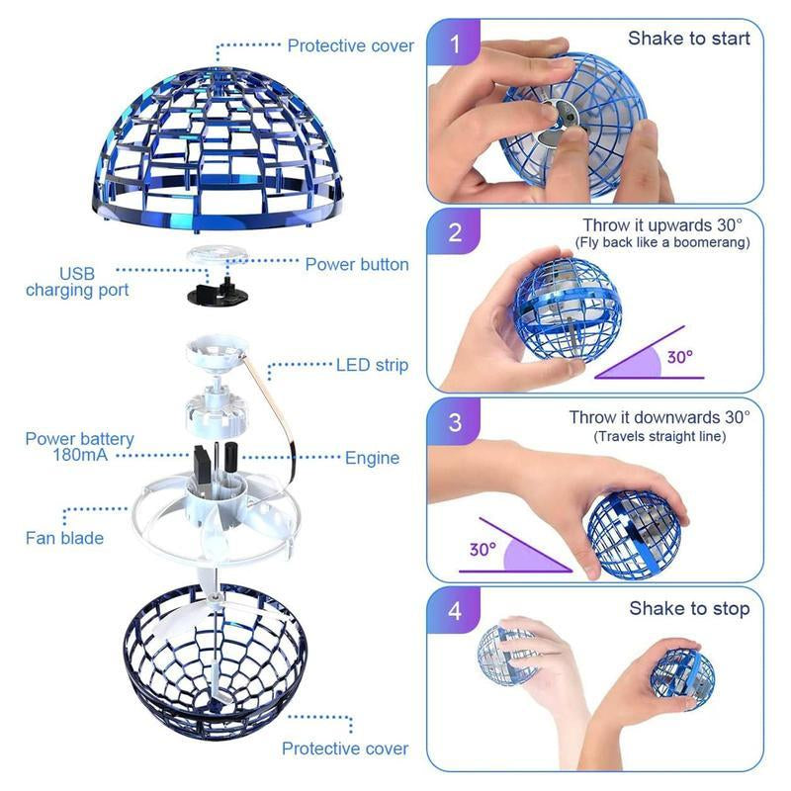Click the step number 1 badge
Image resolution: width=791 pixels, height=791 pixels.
coord(455,44)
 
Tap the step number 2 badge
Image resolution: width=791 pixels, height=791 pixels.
coord(455,233)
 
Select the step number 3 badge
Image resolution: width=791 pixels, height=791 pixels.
coord(455,422)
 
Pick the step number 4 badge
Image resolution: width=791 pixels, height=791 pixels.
coord(455,610)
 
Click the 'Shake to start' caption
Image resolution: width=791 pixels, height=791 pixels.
coord(688,39)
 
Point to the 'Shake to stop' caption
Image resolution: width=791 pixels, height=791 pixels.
coord(689,608)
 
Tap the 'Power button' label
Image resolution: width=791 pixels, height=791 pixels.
coord(356,264)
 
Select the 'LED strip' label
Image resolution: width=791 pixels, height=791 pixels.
coord(372,366)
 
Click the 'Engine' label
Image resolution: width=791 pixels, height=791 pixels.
coord(372,458)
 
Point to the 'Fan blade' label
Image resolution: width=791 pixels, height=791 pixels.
coord(64,538)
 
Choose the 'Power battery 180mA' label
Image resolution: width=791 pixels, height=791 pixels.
coord(79,447)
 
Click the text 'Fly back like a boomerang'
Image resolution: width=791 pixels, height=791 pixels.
coord(662,243)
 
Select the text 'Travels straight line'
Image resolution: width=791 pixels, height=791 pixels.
coord(659,436)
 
